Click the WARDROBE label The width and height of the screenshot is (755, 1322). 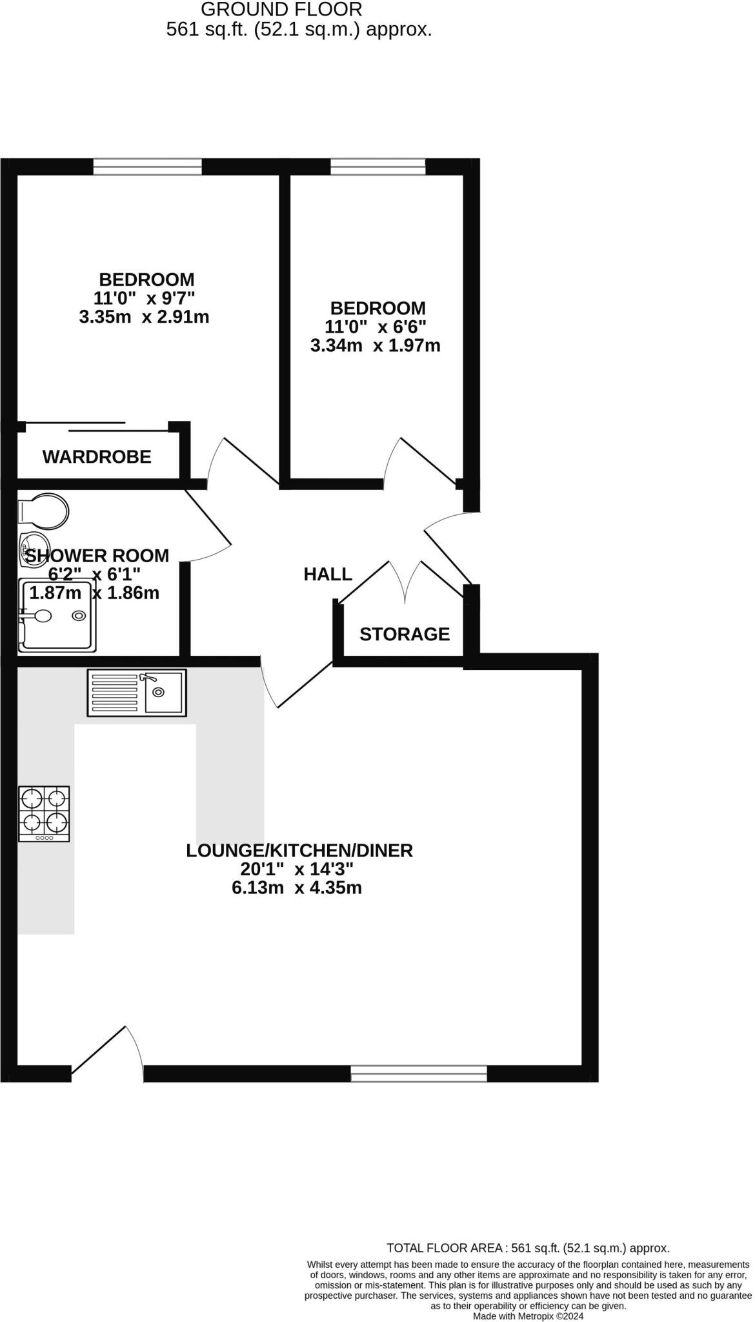(x=97, y=456)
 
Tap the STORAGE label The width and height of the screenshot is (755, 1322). (x=405, y=634)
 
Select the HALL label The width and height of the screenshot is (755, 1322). (x=328, y=574)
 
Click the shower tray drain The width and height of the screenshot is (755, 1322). (x=79, y=616)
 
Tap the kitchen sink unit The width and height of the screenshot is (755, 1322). (x=137, y=693)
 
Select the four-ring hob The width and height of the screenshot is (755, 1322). (x=45, y=813)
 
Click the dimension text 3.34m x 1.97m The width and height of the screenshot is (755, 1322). (x=376, y=345)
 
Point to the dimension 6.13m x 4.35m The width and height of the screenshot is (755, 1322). (x=297, y=888)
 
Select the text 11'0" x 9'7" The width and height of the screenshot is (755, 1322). (x=144, y=298)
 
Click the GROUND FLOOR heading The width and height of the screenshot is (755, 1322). (x=281, y=10)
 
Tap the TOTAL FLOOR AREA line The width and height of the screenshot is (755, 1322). (x=528, y=1248)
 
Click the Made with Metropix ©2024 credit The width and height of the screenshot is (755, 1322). (x=528, y=1316)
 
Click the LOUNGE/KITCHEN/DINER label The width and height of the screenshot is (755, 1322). (x=299, y=850)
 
